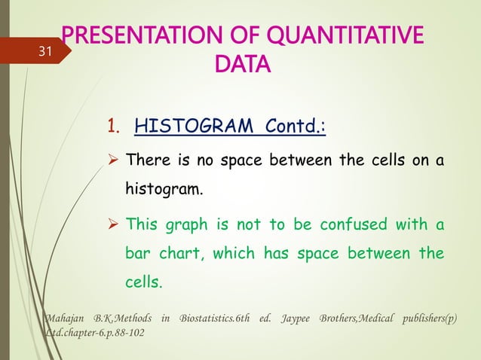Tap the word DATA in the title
[240, 66]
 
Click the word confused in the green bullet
[357, 224]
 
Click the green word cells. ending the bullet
[143, 284]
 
